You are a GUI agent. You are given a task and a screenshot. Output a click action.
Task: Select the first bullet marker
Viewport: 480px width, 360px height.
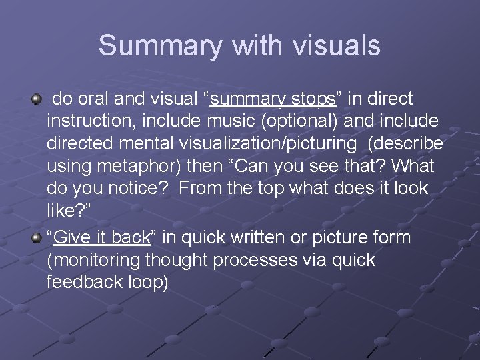(x=36, y=99)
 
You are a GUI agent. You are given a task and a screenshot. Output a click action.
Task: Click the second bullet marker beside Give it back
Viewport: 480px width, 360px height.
(x=36, y=238)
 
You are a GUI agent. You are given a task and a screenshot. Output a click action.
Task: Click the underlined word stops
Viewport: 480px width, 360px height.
(x=313, y=99)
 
